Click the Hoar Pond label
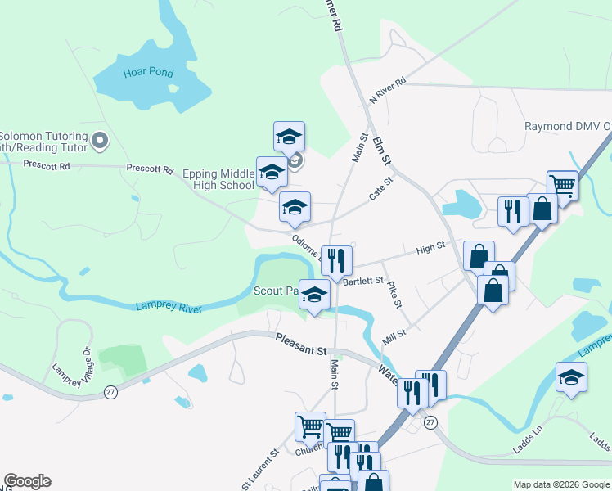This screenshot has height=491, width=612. [x=148, y=73]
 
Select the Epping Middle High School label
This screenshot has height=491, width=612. [x=218, y=179]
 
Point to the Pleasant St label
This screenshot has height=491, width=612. [x=300, y=345]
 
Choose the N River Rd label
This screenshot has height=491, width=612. [x=387, y=90]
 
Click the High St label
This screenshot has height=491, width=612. [x=430, y=247]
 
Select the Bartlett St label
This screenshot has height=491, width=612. [x=363, y=281]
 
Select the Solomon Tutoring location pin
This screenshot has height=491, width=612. [x=101, y=142]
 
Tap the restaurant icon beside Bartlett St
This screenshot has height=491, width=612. [x=336, y=260]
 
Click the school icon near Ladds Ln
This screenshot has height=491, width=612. [x=571, y=376]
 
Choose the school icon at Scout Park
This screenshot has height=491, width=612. [x=313, y=295]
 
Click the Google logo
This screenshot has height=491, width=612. [x=27, y=481]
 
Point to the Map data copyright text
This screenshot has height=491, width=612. [x=560, y=484]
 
